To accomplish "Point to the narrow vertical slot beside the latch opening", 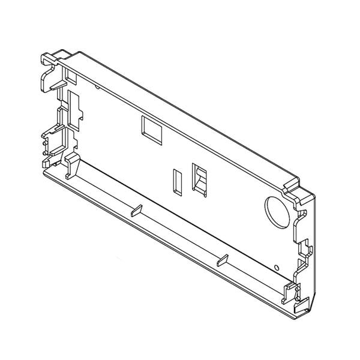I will [x=177, y=181].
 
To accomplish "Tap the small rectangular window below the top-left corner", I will [x=70, y=77].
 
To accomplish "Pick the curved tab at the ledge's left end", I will [x=71, y=163].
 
